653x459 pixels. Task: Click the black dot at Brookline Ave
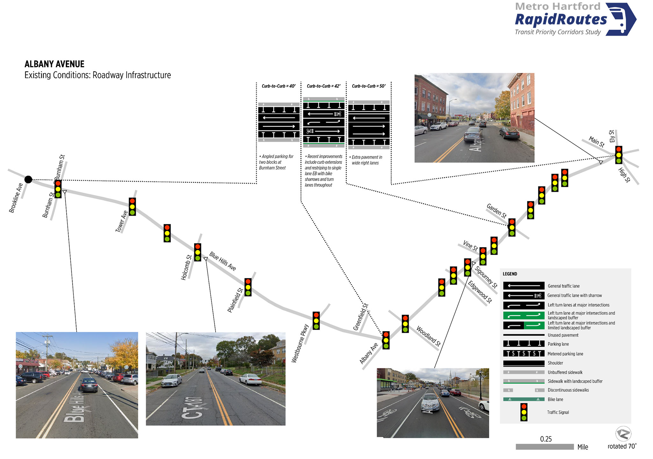[x=28, y=179]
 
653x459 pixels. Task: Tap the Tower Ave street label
[x=121, y=221]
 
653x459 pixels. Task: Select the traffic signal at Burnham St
[x=58, y=189]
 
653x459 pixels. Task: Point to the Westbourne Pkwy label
[x=300, y=343]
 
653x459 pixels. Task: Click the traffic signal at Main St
[x=619, y=155]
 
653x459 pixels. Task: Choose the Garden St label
[x=496, y=211]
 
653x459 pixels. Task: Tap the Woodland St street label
[x=429, y=336]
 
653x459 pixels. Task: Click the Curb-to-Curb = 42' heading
[x=323, y=86]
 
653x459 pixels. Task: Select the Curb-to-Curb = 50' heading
[x=369, y=86]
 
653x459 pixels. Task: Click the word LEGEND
[x=510, y=274]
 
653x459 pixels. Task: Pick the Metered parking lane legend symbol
[x=524, y=353]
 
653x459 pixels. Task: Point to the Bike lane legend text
[x=555, y=399]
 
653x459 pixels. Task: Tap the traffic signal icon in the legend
[x=524, y=412]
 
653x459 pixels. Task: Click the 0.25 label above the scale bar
[x=546, y=439]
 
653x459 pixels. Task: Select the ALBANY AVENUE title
[x=55, y=64]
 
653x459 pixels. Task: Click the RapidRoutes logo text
[x=561, y=19]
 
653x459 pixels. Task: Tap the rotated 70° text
[x=622, y=446]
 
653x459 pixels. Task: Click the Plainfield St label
[x=235, y=300]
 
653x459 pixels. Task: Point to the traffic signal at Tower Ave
[x=132, y=207]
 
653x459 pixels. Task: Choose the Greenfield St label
[x=361, y=317]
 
